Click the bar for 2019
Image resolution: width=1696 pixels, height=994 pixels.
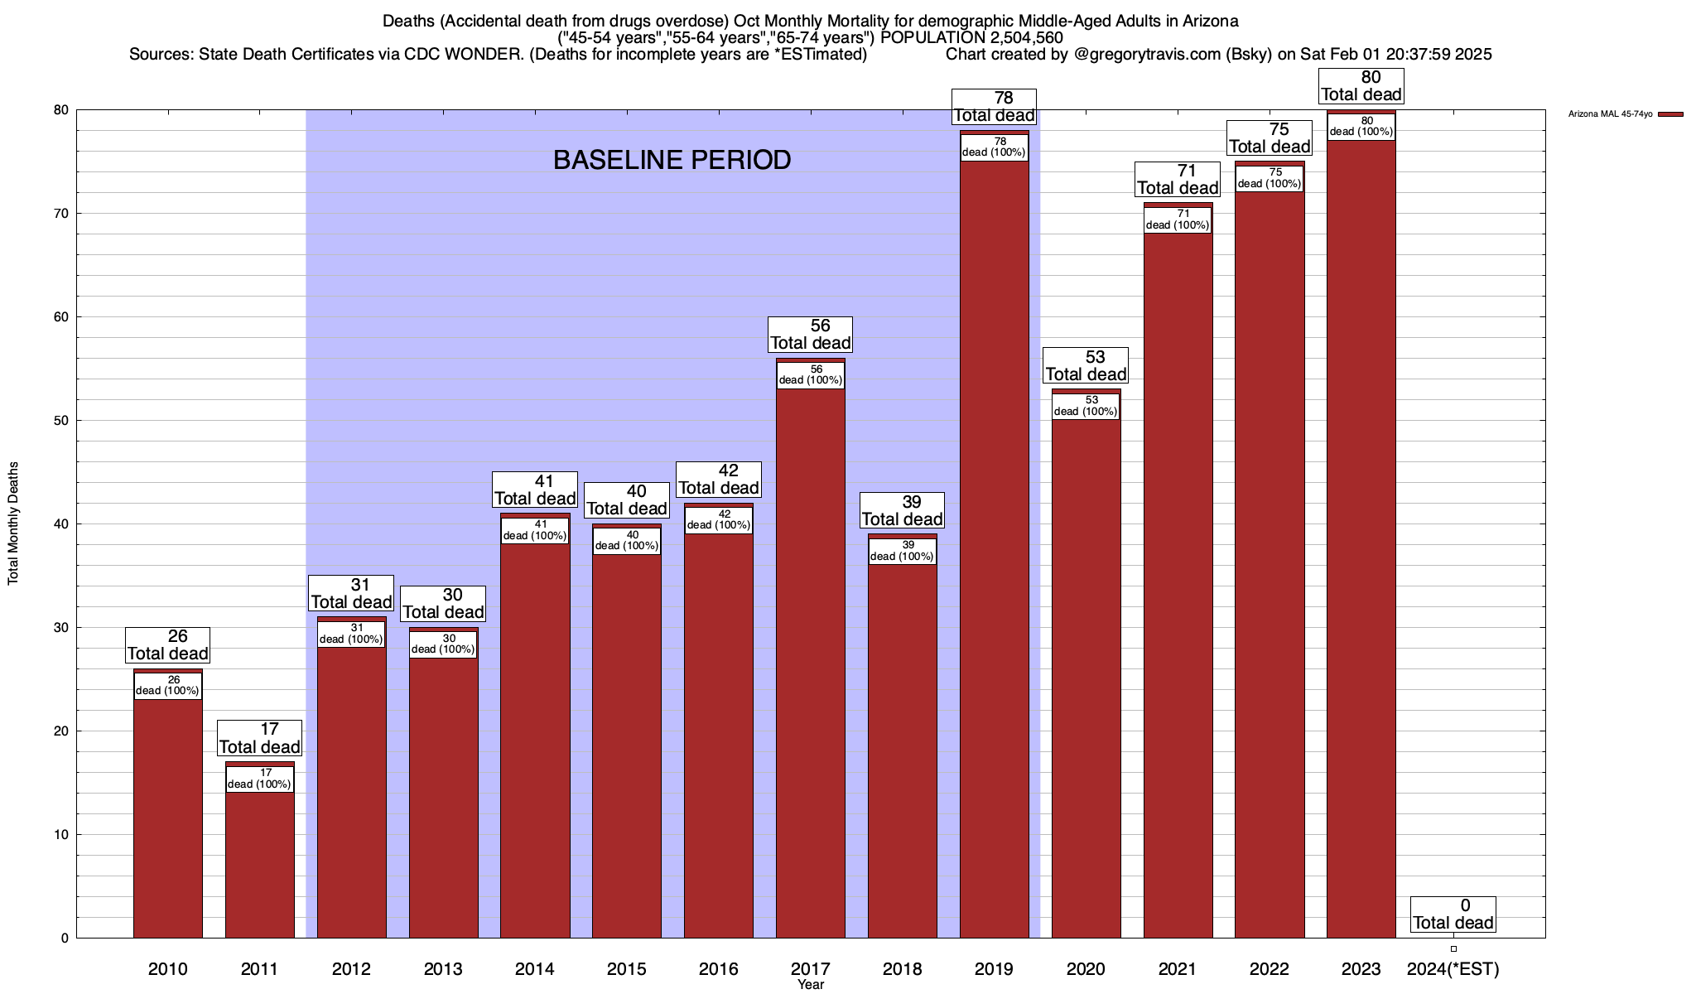coord(994,547)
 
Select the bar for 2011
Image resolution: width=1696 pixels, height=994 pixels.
coord(259,861)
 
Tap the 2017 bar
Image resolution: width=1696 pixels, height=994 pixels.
coord(810,663)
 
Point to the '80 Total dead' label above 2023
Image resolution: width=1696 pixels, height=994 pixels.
coord(1361,86)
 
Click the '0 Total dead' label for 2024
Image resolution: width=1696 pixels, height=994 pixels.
coord(1453,914)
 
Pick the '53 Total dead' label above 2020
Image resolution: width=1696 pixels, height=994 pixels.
coord(1086,365)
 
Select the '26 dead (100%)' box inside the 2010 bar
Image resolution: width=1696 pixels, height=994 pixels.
coord(167,686)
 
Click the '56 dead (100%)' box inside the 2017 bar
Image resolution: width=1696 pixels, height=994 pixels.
coord(811,375)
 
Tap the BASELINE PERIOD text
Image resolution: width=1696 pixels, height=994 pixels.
coord(672,160)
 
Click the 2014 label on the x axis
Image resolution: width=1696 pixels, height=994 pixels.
coord(535,969)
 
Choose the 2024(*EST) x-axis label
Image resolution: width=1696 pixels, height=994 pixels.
coord(1453,969)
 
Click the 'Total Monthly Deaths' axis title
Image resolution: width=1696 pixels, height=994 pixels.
coord(13,524)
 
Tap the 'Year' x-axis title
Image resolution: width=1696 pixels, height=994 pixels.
coord(811,985)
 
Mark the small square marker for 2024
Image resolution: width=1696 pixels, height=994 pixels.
coord(1453,948)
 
